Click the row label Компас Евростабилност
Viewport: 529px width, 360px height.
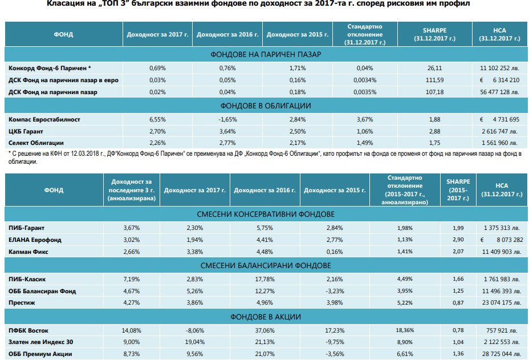click(44, 120)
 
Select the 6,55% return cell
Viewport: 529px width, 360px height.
click(157, 120)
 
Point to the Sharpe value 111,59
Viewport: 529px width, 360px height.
click(434, 80)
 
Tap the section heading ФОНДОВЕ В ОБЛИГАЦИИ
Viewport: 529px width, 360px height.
click(266, 106)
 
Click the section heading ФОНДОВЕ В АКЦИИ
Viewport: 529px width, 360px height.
click(266, 317)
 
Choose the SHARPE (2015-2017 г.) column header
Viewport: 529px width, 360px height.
click(458, 190)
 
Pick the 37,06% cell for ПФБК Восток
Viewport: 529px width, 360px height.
click(265, 331)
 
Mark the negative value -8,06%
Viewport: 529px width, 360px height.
click(194, 331)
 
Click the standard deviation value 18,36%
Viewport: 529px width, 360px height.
click(405, 330)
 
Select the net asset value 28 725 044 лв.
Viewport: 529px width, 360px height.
click(502, 354)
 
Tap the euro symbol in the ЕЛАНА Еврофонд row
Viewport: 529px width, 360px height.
click(482, 240)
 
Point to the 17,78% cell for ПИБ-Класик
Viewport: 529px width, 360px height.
click(265, 280)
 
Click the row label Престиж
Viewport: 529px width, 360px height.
click(22, 302)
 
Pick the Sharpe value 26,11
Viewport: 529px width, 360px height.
click(434, 68)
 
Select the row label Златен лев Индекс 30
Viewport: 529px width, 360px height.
click(41, 342)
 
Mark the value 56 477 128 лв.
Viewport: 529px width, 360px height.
click(500, 92)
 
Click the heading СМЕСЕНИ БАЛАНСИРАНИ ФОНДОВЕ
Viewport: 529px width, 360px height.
click(266, 266)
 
